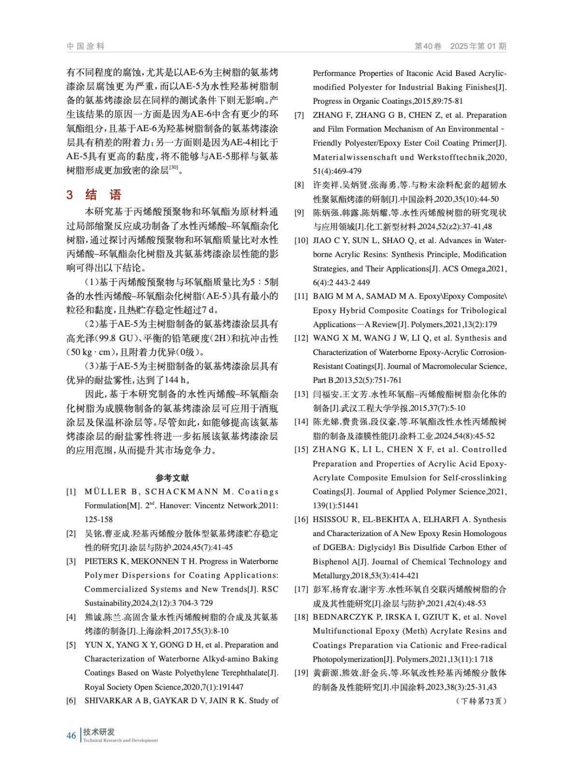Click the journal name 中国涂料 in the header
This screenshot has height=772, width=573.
coord(85,46)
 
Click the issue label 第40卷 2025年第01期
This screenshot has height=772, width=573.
coord(460,46)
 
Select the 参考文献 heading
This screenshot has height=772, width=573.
coord(172,478)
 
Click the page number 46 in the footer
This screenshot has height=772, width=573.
coord(71,736)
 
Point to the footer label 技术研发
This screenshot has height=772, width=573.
coord(99,732)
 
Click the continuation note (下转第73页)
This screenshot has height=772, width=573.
coord(481,701)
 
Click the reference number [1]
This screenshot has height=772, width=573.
coord(71,492)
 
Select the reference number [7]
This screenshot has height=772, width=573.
coord(299,115)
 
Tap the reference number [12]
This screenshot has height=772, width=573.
coord(301,338)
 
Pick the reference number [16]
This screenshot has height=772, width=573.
coord(301,520)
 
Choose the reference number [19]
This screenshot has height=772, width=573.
coord(301,673)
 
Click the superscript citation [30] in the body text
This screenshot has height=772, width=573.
coord(174,167)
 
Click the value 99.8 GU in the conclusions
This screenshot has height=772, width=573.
coord(116,339)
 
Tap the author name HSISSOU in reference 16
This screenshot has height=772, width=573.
coord(334,520)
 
